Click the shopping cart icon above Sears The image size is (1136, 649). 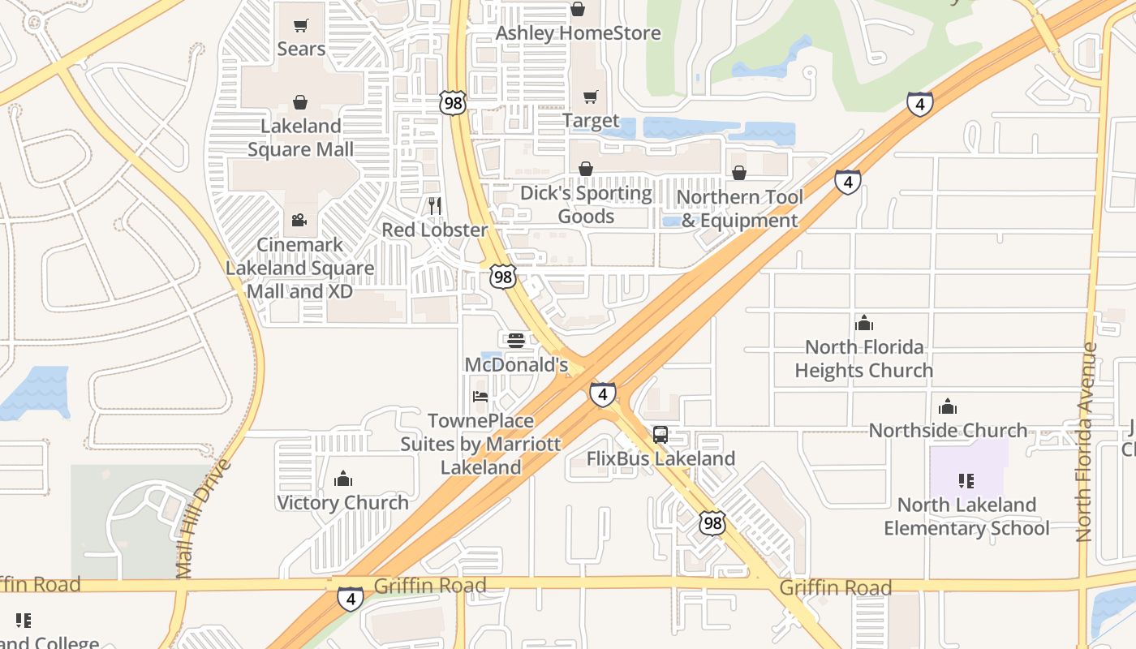[301, 26]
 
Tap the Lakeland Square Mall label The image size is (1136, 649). [300, 138]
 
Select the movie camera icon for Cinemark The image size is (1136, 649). [299, 220]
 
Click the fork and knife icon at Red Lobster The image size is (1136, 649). [435, 205]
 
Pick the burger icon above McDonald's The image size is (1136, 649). [516, 341]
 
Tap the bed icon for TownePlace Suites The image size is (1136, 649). [480, 397]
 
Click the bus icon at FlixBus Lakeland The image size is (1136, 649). [661, 434]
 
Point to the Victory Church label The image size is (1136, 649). [342, 502]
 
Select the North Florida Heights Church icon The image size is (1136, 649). [864, 323]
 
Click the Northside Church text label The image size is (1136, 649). [948, 430]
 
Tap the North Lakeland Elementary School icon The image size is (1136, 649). [966, 480]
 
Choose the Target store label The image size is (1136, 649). [591, 121]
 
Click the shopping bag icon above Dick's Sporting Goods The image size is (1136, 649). [586, 169]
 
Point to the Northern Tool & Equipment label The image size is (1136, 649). [739, 208]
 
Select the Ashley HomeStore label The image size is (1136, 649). [578, 33]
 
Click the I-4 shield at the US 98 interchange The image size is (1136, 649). [602, 394]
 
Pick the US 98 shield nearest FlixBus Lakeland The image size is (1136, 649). [712, 522]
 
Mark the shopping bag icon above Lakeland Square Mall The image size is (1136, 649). [300, 102]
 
